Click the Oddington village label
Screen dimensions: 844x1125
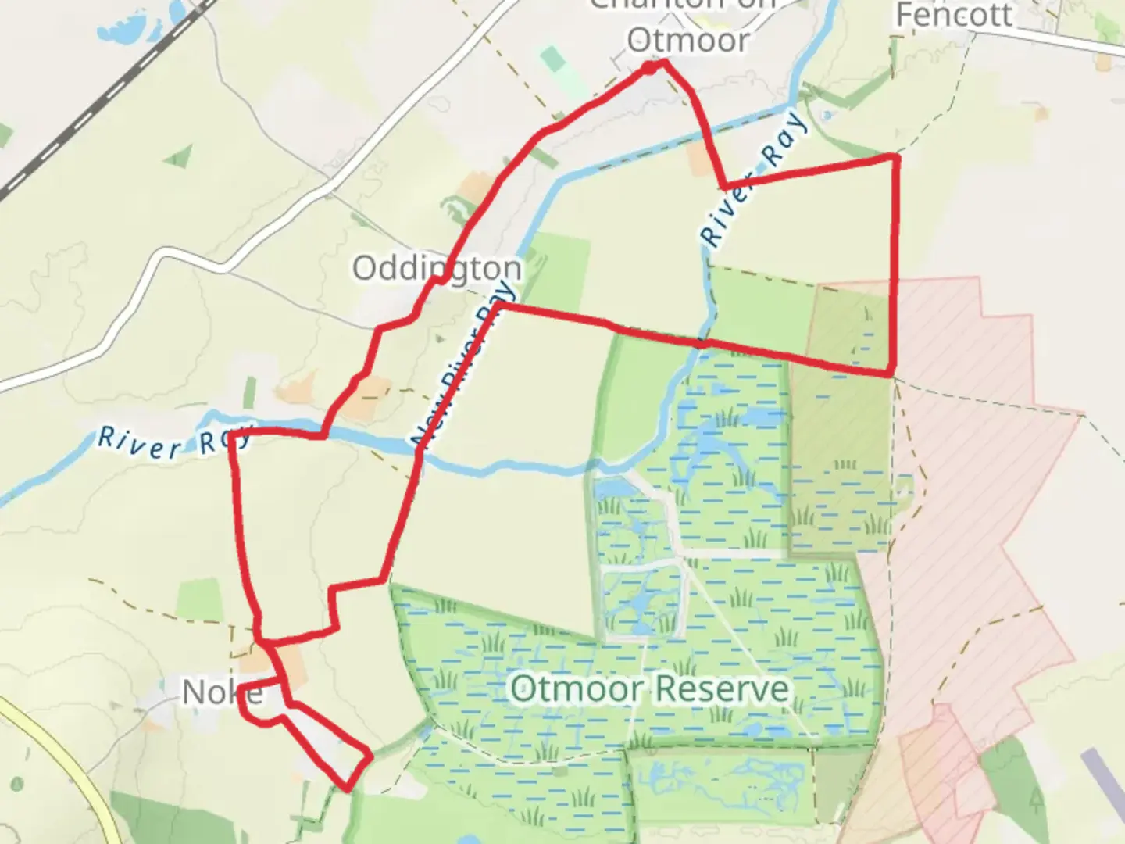pyautogui.click(x=437, y=268)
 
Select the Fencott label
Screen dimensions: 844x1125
pyautogui.click(x=954, y=15)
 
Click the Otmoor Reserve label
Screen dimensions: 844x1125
pyautogui.click(x=649, y=689)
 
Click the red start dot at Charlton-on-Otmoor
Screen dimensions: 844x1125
pyautogui.click(x=649, y=69)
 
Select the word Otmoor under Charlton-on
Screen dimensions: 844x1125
pyautogui.click(x=687, y=41)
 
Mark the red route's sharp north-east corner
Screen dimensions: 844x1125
pyautogui.click(x=895, y=157)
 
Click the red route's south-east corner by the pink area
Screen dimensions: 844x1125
pyautogui.click(x=891, y=373)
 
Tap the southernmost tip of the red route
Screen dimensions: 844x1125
pyautogui.click(x=347, y=788)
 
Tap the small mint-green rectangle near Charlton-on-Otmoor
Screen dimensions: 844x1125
pyautogui.click(x=552, y=59)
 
